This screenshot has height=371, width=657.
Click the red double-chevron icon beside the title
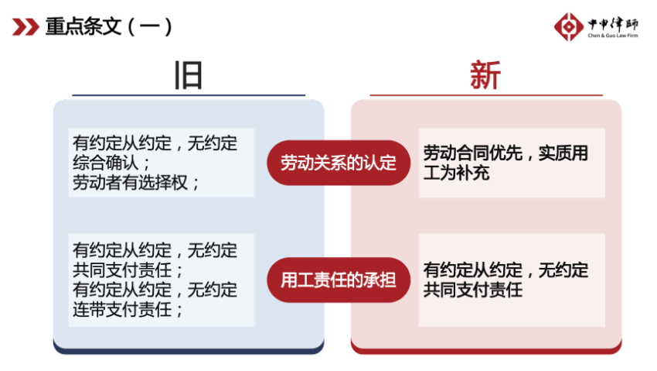[x=26, y=27]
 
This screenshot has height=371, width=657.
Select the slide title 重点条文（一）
[x=109, y=27]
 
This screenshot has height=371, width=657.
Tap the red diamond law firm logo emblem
[x=569, y=27]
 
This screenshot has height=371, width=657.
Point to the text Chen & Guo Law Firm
[x=613, y=36]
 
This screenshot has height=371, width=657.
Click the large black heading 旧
[x=188, y=76]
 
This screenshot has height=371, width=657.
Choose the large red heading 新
[x=485, y=75]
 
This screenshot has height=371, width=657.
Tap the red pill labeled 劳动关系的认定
[x=339, y=163]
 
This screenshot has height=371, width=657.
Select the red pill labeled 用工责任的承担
[x=339, y=280]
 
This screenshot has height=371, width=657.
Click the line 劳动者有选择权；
[x=136, y=183]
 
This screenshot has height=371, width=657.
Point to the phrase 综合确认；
[x=111, y=163]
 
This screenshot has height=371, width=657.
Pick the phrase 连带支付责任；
[x=128, y=310]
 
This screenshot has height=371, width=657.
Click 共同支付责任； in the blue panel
[x=128, y=270]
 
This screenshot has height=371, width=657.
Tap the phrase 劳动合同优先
[x=472, y=153]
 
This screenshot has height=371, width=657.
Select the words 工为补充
[x=456, y=173]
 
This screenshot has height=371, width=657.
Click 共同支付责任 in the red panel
[x=472, y=290]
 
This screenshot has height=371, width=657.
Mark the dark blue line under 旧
[x=189, y=95]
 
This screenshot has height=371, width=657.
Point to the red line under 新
[x=486, y=95]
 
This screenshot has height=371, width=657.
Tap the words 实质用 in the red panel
[x=563, y=153]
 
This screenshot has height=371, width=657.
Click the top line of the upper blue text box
[x=155, y=143]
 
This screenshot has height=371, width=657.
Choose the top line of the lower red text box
[x=506, y=270]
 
